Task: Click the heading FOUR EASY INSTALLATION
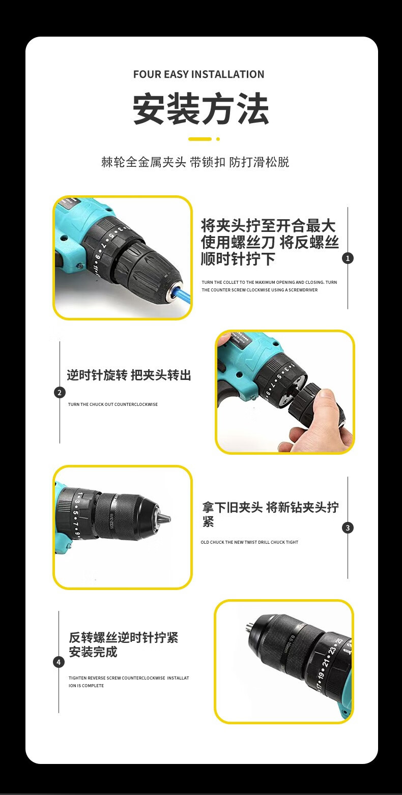click(x=198, y=74)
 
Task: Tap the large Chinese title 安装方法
click(x=200, y=109)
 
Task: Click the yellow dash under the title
click(x=200, y=139)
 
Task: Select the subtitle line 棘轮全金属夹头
click(x=143, y=162)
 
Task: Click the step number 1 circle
click(x=348, y=258)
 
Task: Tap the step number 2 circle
click(x=60, y=393)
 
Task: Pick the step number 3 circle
click(x=348, y=528)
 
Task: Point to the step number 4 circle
click(x=59, y=662)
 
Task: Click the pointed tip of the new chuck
click(x=170, y=519)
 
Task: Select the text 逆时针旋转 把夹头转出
click(x=129, y=375)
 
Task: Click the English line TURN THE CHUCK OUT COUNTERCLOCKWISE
click(x=113, y=404)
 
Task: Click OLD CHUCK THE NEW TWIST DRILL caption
click(x=249, y=542)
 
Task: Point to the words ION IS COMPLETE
click(x=87, y=685)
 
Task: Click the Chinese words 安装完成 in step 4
click(x=93, y=652)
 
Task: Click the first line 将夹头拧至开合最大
click(x=268, y=225)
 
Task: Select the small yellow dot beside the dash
click(x=218, y=139)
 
